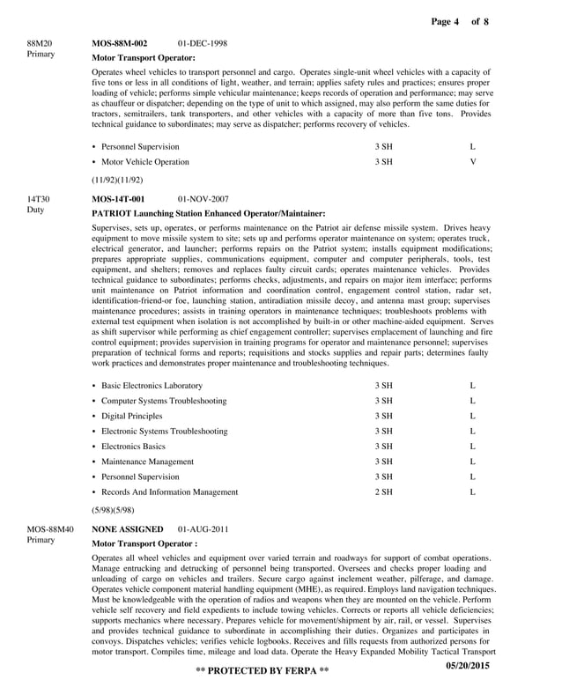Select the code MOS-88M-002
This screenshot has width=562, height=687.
[120, 43]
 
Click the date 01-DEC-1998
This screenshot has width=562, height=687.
[202, 43]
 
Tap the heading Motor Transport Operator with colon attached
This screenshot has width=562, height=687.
[144, 57]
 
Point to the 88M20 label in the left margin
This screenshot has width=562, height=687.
[40, 42]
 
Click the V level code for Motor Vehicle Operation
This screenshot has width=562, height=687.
[473, 162]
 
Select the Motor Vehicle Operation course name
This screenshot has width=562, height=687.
[144, 162]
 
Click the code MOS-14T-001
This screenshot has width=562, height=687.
[118, 200]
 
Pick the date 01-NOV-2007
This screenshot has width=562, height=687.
[203, 200]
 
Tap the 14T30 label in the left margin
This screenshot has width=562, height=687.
[39, 200]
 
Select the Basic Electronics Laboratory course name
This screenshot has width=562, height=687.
[152, 386]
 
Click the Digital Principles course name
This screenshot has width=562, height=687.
[131, 416]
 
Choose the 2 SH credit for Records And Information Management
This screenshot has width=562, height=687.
[383, 491]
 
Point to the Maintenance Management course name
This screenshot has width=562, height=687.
[147, 462]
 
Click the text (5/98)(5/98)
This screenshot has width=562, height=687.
[113, 509]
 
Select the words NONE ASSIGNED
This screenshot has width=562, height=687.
[128, 529]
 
